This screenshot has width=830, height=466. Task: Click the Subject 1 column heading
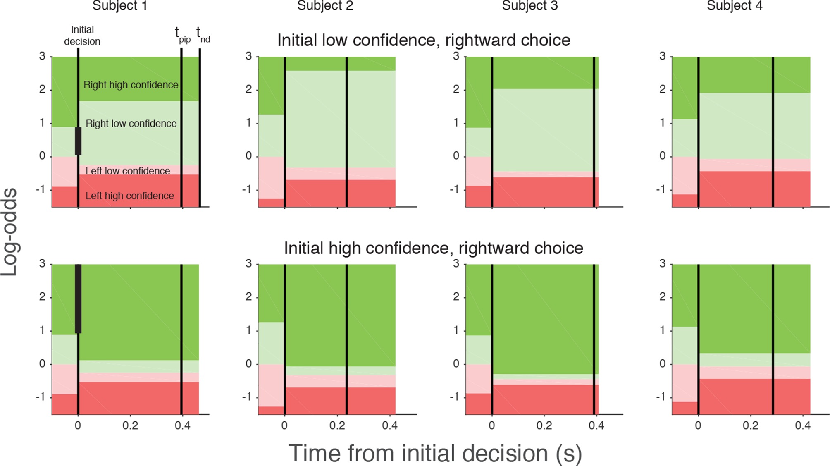click(119, 6)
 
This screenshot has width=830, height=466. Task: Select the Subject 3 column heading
click(529, 6)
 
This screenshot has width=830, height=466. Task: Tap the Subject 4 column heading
click(734, 6)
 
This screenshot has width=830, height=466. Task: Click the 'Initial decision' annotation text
click(82, 36)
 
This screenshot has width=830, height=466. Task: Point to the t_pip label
click(182, 34)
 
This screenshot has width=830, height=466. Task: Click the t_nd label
click(203, 34)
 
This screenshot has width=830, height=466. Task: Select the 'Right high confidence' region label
click(131, 85)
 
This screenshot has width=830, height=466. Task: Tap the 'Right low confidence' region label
click(131, 123)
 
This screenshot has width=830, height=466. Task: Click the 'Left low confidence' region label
click(127, 171)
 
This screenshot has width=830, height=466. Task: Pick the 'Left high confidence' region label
click(129, 196)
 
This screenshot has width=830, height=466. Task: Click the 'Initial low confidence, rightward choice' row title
click(424, 41)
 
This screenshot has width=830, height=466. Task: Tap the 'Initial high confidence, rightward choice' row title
click(433, 248)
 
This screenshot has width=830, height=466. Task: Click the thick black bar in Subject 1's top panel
click(78, 141)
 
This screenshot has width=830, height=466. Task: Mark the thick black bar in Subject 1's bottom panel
click(78, 299)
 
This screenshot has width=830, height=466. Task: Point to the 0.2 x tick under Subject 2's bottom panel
click(337, 425)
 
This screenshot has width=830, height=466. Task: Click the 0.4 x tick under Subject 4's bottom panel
click(802, 425)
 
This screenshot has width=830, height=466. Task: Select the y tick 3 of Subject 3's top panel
click(456, 56)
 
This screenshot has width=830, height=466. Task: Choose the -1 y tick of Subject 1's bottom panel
click(41, 397)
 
